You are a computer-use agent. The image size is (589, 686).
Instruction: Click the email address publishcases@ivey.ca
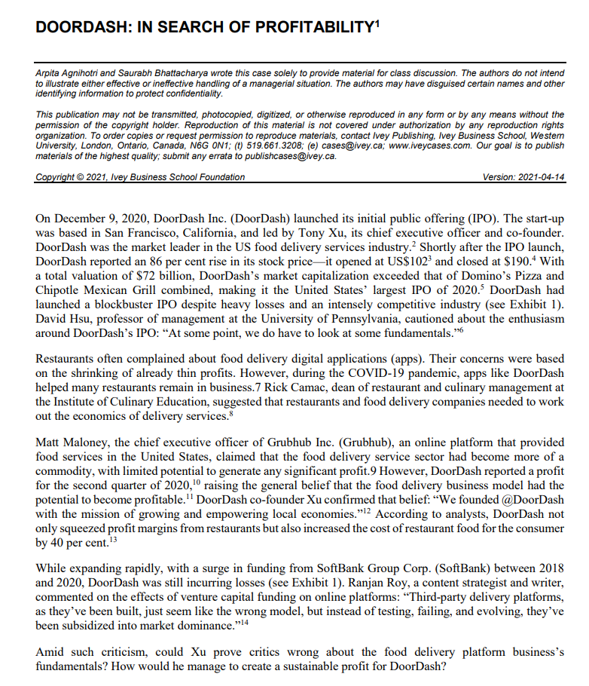pos(287,157)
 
